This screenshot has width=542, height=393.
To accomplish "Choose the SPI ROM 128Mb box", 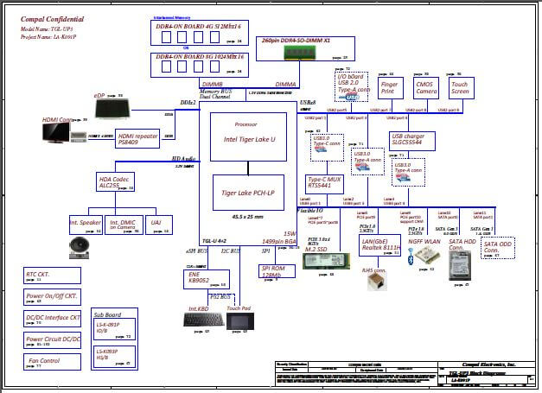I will click(274, 274).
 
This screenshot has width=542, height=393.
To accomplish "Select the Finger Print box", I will click(390, 87).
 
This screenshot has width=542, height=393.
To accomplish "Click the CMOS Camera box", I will click(425, 87).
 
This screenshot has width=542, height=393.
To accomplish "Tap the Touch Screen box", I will click(461, 87).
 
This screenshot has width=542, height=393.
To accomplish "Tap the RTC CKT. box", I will click(51, 276).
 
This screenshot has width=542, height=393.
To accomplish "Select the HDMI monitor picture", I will click(57, 133).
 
